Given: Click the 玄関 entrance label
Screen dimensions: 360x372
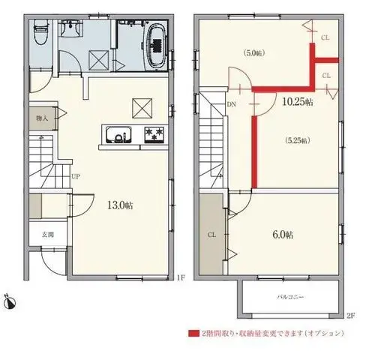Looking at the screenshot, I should (x=47, y=235).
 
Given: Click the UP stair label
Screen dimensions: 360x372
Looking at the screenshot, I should (x=76, y=177).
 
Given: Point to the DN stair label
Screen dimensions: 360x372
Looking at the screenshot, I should (x=232, y=105).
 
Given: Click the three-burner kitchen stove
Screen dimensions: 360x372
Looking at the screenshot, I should (x=154, y=136).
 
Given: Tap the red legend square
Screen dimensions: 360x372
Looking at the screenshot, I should (x=192, y=332).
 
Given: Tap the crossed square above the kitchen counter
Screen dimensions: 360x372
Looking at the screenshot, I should (x=141, y=108).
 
